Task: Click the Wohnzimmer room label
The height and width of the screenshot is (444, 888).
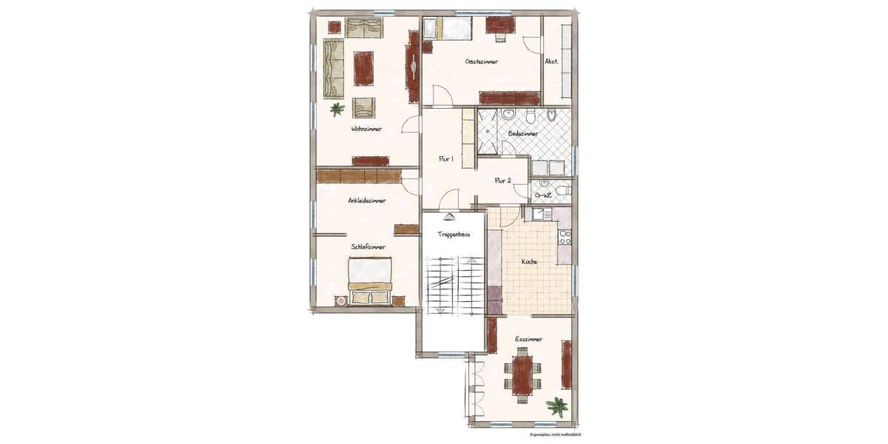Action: coord(367,129)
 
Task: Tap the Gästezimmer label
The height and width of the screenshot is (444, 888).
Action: coord(481,61)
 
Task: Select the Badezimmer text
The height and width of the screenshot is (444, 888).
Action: coord(523,134)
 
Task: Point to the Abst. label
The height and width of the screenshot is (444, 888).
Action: coord(551,61)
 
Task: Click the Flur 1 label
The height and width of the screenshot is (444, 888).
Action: coord(445,158)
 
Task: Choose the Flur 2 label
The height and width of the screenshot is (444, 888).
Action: coord(503,180)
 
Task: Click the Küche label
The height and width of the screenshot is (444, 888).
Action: coord(528,262)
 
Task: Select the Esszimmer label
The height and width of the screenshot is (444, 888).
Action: coord(529,339)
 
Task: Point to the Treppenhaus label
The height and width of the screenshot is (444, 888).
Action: coord(451,234)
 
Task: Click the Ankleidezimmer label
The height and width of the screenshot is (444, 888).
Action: coord(368,200)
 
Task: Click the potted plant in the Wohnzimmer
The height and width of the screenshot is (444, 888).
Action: coord(337,110)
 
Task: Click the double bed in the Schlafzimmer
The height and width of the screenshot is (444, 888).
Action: coord(370,280)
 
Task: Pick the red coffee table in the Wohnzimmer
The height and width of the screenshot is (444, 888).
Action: coord(364,68)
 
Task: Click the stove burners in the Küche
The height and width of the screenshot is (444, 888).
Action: coord(565,237)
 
